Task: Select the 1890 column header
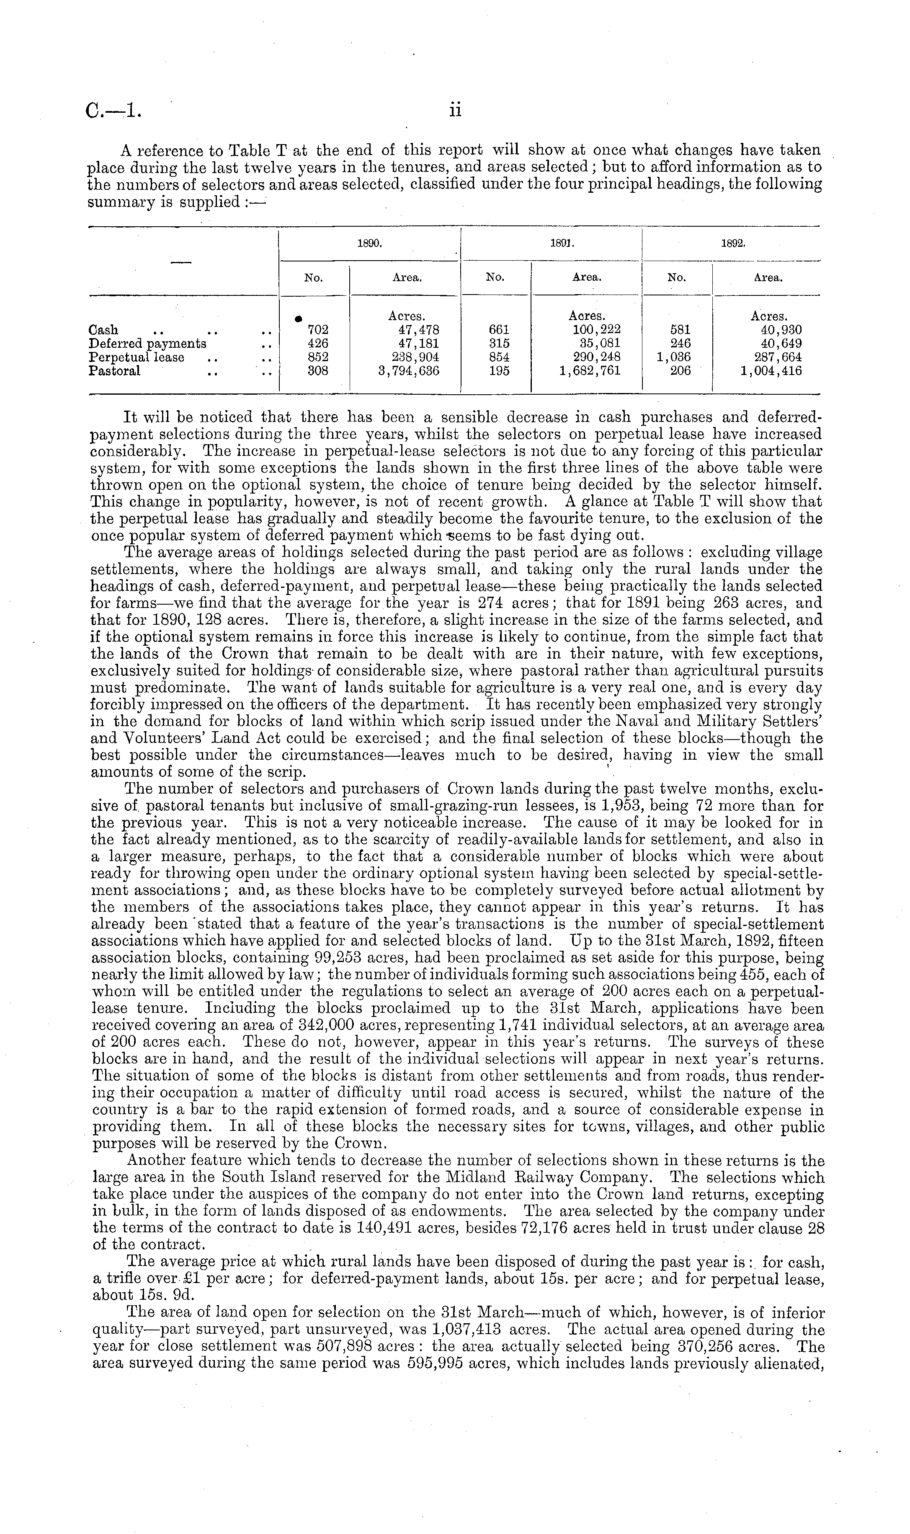pos(369,243)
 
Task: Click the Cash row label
pos(103,330)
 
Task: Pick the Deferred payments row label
pos(147,344)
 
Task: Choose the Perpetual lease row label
pos(136,357)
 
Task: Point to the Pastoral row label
pos(115,370)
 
